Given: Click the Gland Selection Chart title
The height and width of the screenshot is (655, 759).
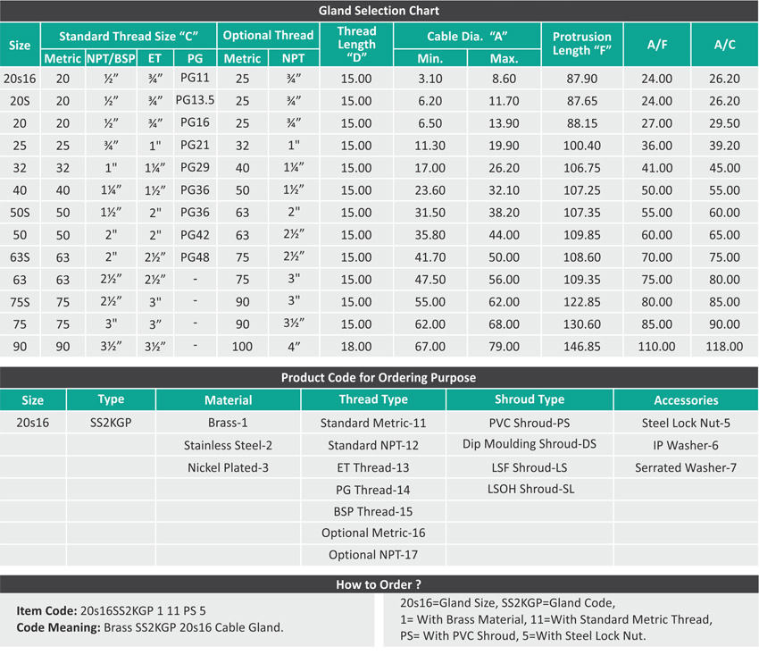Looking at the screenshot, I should click(379, 11).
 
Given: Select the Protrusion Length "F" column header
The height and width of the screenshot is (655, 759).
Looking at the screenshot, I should click(582, 44).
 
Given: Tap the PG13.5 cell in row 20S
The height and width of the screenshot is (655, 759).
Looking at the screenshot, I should click(196, 101).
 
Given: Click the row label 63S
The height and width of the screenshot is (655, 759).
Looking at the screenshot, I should click(20, 257).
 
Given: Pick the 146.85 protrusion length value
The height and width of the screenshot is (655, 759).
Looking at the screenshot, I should click(582, 347).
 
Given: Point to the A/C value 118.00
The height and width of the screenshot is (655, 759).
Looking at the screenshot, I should click(724, 347).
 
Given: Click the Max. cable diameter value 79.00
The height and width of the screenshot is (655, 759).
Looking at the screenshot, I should click(505, 347).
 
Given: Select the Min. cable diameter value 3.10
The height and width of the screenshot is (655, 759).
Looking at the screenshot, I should click(430, 79).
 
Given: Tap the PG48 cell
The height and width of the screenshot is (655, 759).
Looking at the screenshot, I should click(196, 257).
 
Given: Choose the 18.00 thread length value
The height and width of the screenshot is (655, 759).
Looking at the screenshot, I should click(356, 347).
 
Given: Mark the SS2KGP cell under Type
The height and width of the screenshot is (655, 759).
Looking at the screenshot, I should click(111, 423).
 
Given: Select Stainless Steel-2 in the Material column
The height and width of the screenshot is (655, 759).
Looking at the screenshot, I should click(228, 445).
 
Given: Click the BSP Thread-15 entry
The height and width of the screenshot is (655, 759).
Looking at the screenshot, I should click(373, 511).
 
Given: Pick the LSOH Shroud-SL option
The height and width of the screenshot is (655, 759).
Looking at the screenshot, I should click(530, 489).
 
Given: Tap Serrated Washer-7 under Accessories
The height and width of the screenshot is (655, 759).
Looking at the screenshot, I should click(686, 467).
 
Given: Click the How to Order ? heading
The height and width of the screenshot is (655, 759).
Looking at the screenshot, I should click(379, 584).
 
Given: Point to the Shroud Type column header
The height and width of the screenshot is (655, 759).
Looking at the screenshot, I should click(530, 399).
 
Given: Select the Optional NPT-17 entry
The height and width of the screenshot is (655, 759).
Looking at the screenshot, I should click(373, 555).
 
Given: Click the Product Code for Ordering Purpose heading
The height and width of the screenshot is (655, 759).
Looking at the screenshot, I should click(379, 377).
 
